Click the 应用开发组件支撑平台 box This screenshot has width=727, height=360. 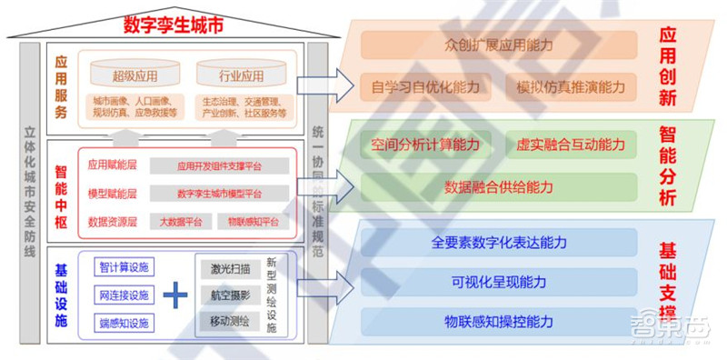click(219, 166)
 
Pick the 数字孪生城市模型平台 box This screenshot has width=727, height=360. click(219, 194)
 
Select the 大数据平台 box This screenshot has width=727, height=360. click(181, 222)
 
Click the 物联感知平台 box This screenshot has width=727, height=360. click(254, 222)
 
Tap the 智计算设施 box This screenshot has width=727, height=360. click(125, 267)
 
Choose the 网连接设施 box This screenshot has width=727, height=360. click(125, 295)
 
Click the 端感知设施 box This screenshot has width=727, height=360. click(125, 323)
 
